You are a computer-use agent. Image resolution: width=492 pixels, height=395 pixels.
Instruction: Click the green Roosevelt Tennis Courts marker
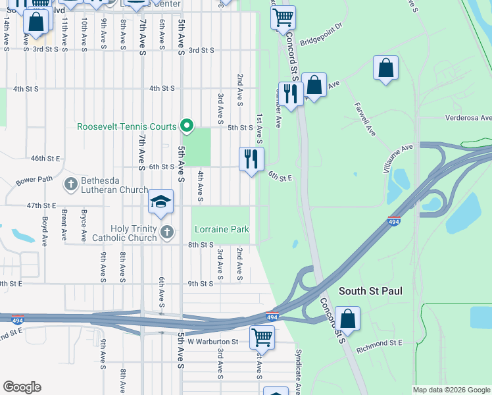click(x=187, y=125)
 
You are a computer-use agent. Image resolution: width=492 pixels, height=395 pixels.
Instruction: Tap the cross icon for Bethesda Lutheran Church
click(x=71, y=182)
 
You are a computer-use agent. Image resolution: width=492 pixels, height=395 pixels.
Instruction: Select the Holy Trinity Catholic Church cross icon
click(x=167, y=231)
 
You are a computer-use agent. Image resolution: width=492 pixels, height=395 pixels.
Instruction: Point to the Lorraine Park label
click(x=222, y=230)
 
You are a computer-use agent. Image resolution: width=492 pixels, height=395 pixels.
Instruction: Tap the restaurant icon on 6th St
click(x=251, y=159)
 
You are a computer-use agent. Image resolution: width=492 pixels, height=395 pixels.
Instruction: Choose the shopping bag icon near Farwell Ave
click(x=385, y=67)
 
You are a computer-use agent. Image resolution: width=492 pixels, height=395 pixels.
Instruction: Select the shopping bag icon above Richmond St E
click(x=347, y=319)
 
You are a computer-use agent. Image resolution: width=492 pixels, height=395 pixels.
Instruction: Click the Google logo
click(x=22, y=387)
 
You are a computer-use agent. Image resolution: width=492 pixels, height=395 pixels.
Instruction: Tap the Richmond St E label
click(x=378, y=343)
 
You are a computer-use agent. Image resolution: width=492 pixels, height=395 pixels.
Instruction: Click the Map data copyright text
click(x=451, y=390)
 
